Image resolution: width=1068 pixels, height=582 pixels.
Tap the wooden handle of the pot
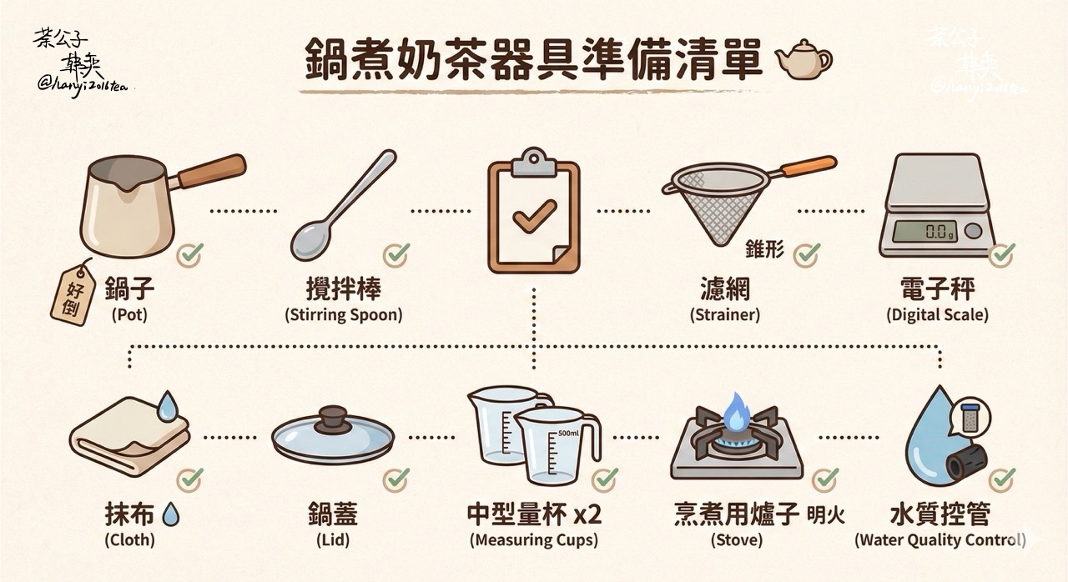pos(212,170)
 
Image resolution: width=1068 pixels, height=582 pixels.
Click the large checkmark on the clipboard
pos(535,216)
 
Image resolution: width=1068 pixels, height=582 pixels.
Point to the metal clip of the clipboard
pos(534,162)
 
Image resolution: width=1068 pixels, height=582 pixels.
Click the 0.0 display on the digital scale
pos(925,232)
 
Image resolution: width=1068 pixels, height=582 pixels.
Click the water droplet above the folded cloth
pos(168,406)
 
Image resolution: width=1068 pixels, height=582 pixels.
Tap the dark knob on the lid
pos(333,419)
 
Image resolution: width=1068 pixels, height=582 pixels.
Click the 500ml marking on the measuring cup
pos(568,433)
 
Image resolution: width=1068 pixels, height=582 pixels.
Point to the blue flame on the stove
pos(737,413)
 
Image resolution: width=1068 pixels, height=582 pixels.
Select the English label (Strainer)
pos(725,314)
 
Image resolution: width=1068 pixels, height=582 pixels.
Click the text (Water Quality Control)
pos(940,539)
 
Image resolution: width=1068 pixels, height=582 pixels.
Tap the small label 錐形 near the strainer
pos(764,249)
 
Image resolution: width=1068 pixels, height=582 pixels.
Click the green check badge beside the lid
pos(396,479)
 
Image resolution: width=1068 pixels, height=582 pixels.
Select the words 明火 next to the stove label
pos(826,514)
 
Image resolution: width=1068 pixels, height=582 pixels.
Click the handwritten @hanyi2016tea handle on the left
pos(83,86)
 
